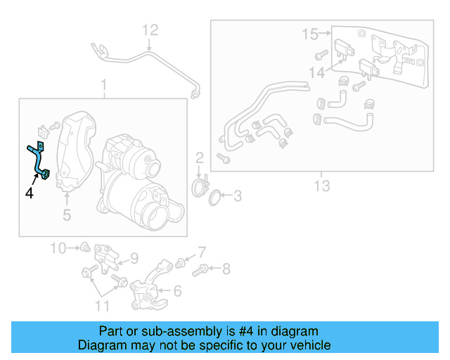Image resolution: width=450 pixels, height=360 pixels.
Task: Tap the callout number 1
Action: click(103, 86)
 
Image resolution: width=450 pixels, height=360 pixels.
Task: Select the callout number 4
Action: click(30, 192)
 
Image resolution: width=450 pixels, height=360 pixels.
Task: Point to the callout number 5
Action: click(66, 214)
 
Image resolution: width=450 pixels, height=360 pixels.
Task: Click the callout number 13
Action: click(321, 186)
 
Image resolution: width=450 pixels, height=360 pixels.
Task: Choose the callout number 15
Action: click(310, 33)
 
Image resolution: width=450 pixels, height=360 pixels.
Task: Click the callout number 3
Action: click(237, 195)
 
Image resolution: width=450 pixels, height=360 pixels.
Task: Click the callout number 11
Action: click(102, 305)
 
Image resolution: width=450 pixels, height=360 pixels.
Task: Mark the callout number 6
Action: click(176, 290)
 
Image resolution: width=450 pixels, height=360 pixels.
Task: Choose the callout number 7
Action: click(201, 251)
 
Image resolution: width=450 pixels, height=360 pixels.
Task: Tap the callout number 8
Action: click(226, 268)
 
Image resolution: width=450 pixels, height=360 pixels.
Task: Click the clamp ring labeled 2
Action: click(200, 188)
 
